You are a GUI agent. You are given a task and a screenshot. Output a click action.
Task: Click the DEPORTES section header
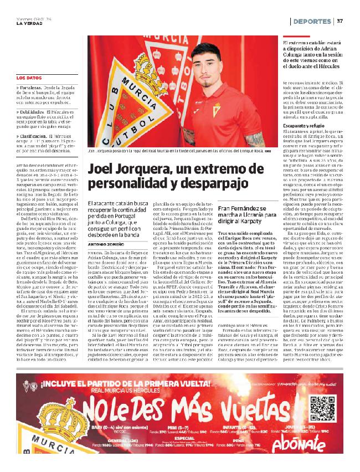(x=312, y=22)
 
